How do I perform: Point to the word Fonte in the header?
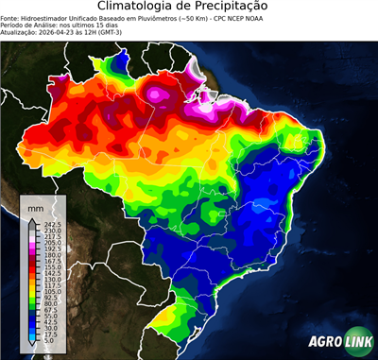(10, 17)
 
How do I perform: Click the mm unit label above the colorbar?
(35, 206)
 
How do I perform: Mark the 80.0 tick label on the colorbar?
(50, 302)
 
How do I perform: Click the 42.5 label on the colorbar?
(50, 321)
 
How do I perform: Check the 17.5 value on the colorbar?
(50, 334)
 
